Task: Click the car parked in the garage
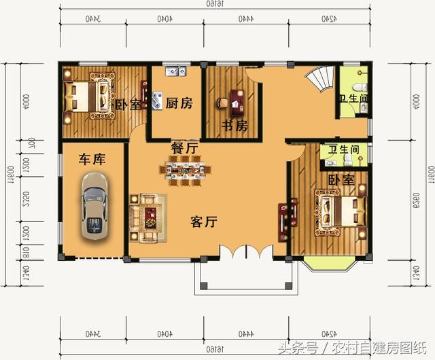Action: point(94,205)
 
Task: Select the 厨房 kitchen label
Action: point(179,104)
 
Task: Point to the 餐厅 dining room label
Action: point(184,147)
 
